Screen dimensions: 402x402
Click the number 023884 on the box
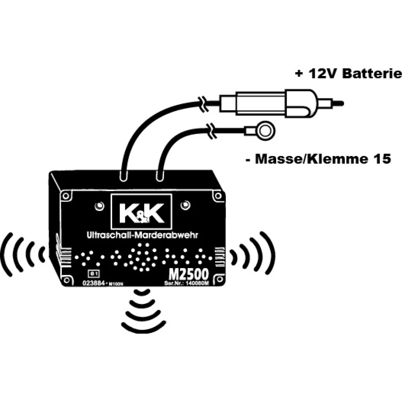(x=93, y=283)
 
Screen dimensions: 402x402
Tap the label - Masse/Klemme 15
(x=318, y=159)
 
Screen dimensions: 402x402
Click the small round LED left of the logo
(x=98, y=206)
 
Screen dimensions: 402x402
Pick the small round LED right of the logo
(x=184, y=205)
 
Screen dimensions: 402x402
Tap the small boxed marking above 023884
(x=93, y=274)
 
